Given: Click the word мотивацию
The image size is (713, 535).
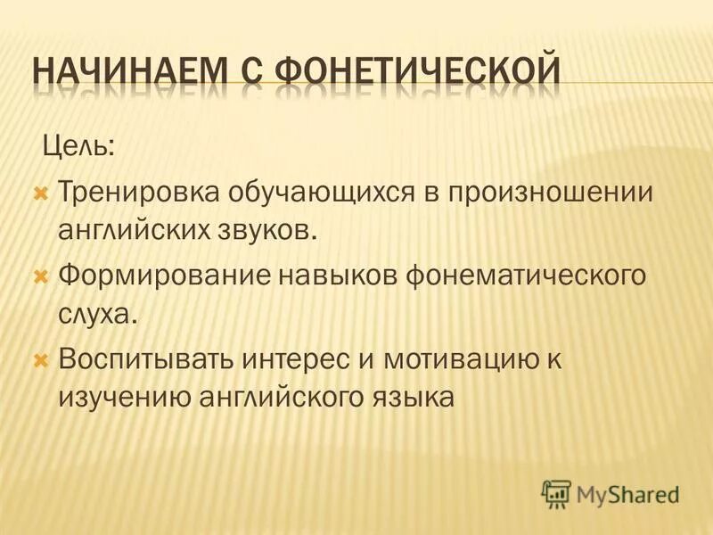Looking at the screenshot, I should [470, 360].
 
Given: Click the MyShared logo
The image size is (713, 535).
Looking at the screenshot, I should [611, 493].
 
